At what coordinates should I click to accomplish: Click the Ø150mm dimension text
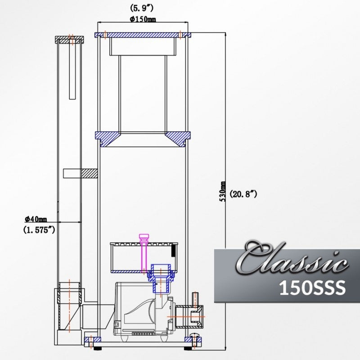click(143, 18)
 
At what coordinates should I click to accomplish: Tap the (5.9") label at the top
click(143, 8)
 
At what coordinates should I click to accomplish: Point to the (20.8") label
click(243, 194)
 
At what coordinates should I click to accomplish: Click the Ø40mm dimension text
click(36, 219)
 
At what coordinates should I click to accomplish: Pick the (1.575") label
click(39, 229)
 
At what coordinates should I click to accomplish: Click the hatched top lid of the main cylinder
click(143, 35)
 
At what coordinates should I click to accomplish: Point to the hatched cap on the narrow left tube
click(70, 40)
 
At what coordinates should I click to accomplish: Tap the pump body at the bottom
click(139, 310)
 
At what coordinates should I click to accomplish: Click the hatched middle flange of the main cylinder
click(143, 137)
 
